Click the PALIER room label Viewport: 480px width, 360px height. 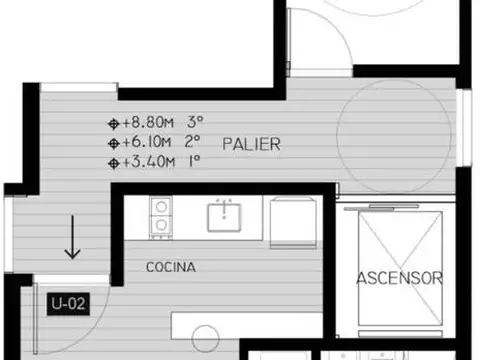tap(251, 144)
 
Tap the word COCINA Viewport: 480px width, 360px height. tap(170, 268)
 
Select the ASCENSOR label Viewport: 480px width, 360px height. tap(399, 279)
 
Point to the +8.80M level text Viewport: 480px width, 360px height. tap(147, 124)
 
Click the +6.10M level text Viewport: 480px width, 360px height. tap(147, 143)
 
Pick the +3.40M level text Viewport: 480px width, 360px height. tap(147, 161)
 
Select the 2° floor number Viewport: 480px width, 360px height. tap(194, 143)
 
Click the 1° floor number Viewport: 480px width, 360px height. tap(194, 161)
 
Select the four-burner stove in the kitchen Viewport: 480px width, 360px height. tap(160, 217)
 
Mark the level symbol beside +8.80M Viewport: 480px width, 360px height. tap(113, 124)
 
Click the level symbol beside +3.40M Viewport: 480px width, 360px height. tap(113, 161)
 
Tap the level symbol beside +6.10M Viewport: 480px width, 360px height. tap(113, 143)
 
